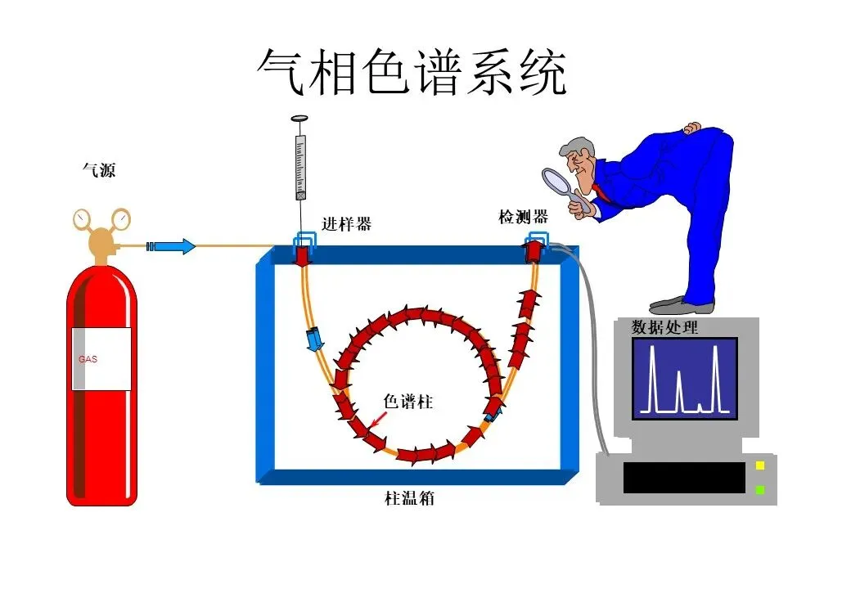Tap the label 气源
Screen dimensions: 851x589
click(x=99, y=170)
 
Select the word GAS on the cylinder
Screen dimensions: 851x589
click(x=88, y=359)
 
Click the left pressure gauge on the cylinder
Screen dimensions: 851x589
click(x=82, y=219)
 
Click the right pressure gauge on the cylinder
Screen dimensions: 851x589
click(x=121, y=218)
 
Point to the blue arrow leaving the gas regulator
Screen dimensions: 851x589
click(x=173, y=245)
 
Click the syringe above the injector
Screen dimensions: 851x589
click(x=301, y=164)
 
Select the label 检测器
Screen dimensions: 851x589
click(x=524, y=217)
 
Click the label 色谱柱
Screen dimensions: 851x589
click(x=407, y=402)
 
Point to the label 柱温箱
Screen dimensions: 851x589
click(x=409, y=497)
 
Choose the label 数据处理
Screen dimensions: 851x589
click(x=665, y=327)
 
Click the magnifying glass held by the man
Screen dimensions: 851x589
click(x=560, y=181)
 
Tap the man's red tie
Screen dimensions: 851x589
click(x=601, y=194)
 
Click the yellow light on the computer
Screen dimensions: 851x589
click(x=759, y=465)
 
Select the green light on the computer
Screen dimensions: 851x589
click(x=759, y=489)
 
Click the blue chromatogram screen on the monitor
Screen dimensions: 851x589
click(x=684, y=378)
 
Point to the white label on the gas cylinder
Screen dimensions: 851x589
click(x=101, y=358)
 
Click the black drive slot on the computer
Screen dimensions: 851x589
click(x=684, y=477)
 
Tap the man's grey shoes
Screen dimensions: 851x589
click(x=683, y=305)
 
